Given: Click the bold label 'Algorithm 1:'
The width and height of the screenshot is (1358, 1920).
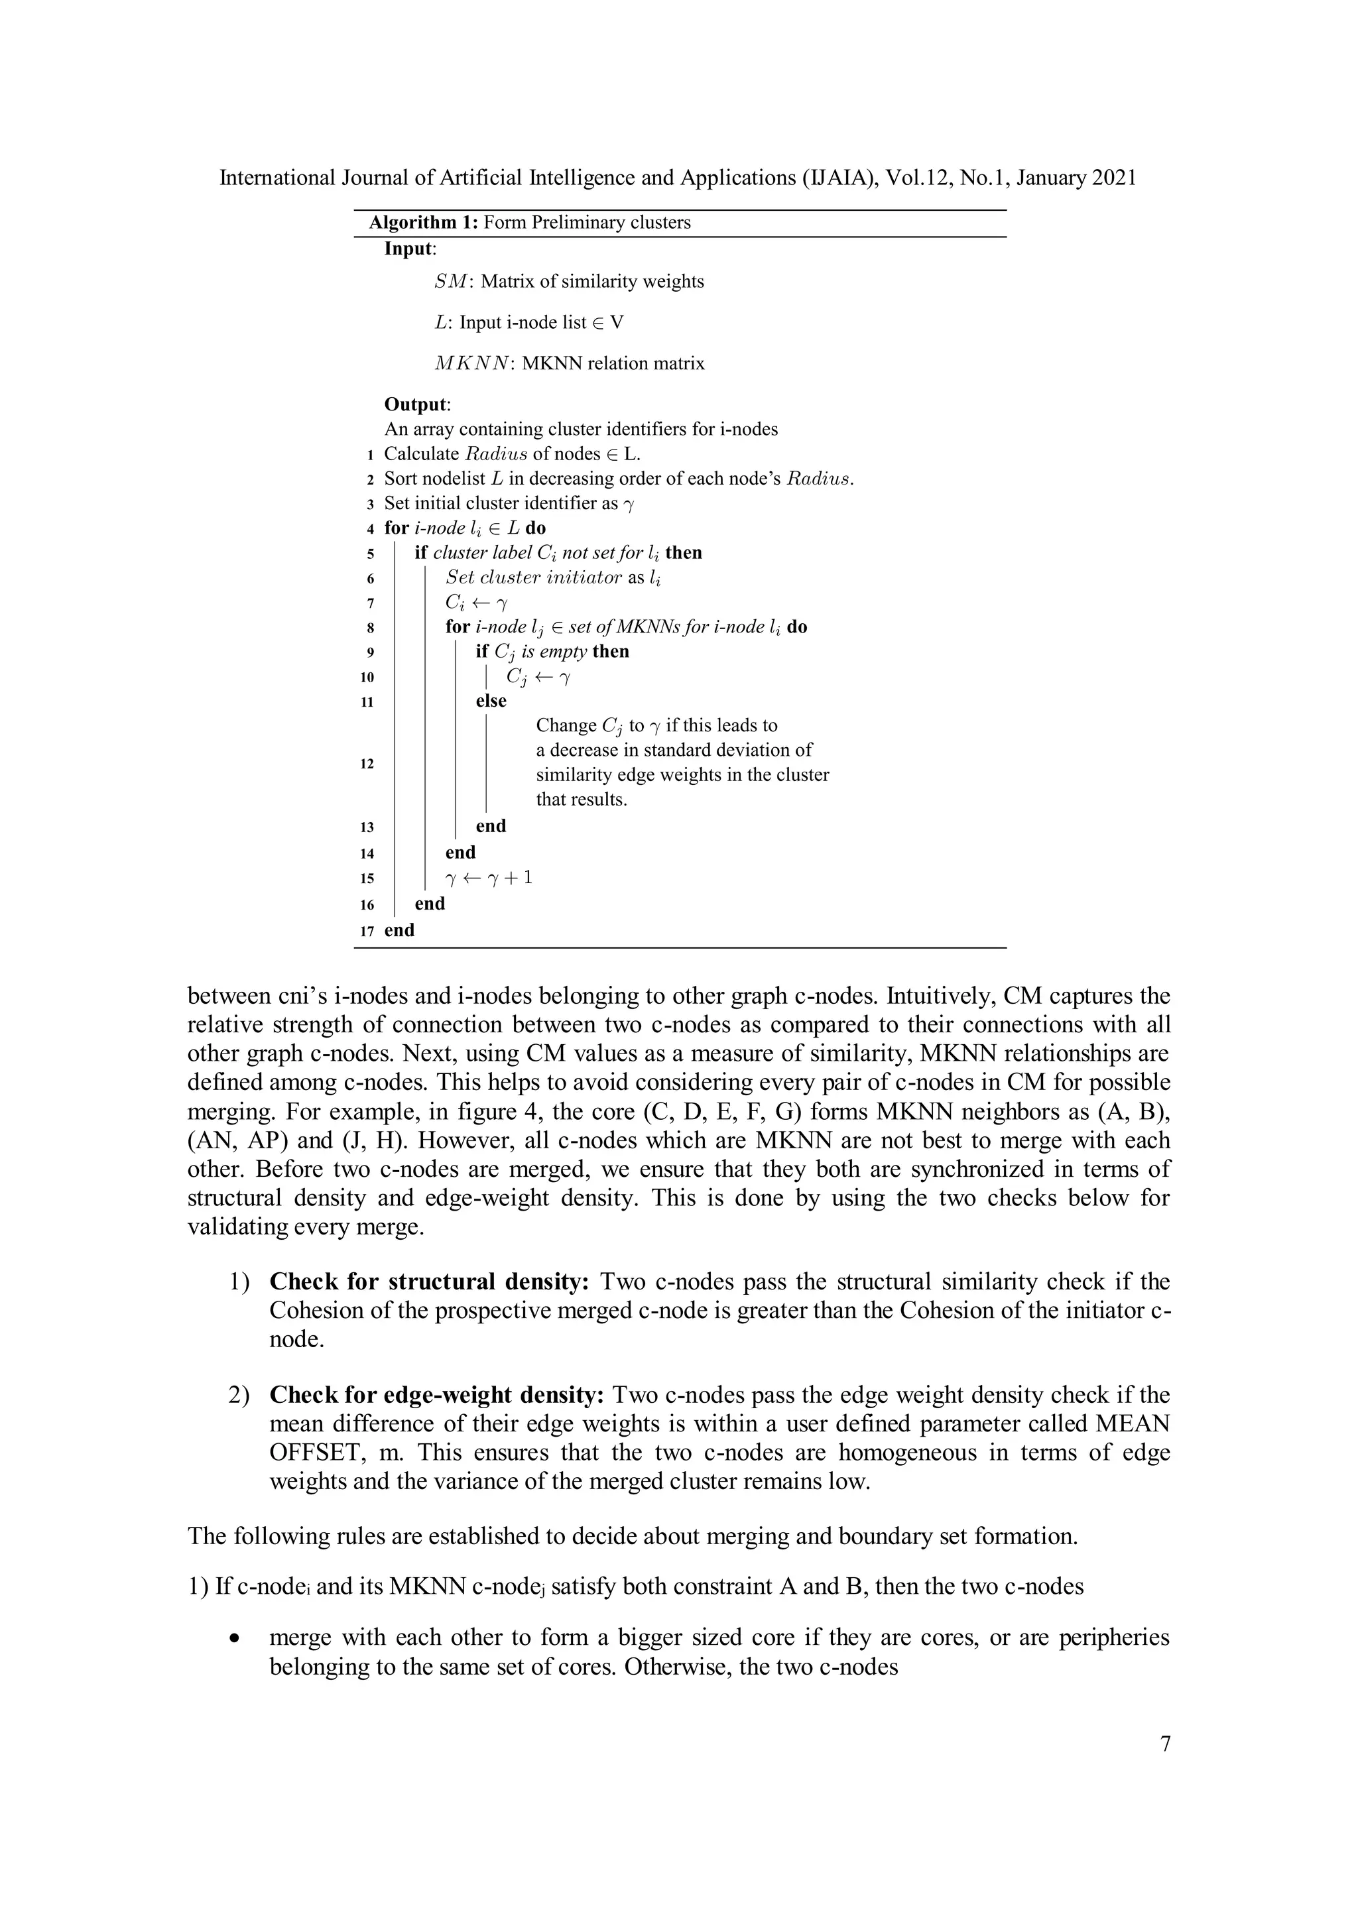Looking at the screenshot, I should [423, 223].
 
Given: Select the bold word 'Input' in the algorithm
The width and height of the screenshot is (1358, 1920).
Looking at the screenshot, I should [408, 249].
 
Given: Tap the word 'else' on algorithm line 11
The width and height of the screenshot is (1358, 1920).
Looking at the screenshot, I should [491, 701].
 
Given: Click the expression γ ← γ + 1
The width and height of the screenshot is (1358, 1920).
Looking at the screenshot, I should [489, 877].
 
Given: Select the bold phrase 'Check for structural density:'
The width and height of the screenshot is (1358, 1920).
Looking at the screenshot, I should [430, 1282].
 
